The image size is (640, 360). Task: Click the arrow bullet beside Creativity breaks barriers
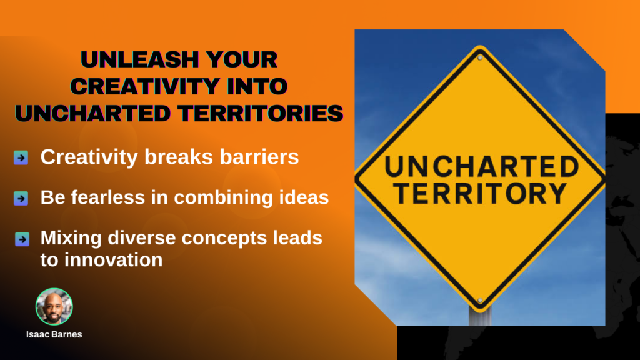21,157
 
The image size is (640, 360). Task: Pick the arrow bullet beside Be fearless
21,198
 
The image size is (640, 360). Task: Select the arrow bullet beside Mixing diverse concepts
22,239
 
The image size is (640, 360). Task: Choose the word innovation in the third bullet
114,260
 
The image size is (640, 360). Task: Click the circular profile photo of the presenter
54,306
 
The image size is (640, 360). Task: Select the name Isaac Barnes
54,335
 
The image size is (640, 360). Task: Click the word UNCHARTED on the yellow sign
482,167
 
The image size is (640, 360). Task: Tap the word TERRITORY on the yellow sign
481,193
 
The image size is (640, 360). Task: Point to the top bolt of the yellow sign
480,58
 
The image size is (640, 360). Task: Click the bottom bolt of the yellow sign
480,301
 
